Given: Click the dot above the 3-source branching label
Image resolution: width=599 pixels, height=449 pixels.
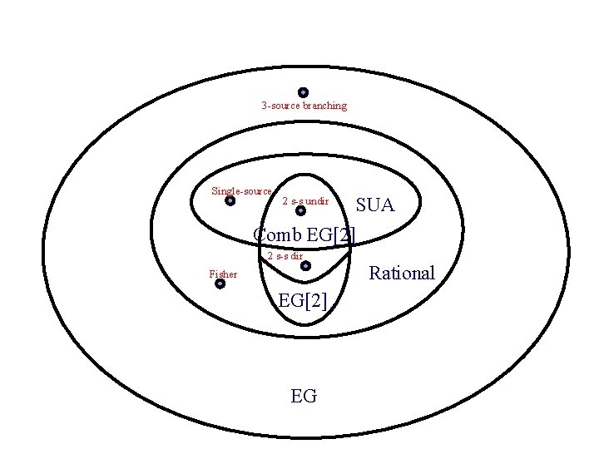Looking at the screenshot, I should (x=304, y=92).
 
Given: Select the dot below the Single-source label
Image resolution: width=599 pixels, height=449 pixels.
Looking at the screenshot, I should (x=230, y=200).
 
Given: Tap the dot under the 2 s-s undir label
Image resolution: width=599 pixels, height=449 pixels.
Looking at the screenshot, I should (x=301, y=211).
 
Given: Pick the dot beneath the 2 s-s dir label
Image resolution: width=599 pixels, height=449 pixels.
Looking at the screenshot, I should (x=305, y=266).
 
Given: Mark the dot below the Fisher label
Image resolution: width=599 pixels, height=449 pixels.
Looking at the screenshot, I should (x=220, y=284).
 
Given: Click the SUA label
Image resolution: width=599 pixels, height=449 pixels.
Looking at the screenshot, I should (x=375, y=205).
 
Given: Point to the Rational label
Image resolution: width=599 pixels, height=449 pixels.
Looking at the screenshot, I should (x=402, y=273).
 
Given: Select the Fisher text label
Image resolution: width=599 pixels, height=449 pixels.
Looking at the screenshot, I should (x=223, y=274).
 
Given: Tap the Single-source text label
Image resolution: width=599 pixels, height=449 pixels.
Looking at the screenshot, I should (x=241, y=190).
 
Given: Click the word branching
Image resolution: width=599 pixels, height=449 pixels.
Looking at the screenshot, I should (x=324, y=106).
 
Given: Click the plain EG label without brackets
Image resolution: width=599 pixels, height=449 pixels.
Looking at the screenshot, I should (x=304, y=396).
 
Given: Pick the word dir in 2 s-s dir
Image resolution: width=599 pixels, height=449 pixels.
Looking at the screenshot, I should (x=296, y=255).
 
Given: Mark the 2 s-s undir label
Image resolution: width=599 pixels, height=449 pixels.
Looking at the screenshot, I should (x=305, y=201).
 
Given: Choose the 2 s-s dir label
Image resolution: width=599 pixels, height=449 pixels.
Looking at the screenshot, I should (x=285, y=255).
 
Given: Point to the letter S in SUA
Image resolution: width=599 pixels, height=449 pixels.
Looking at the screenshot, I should (x=362, y=205).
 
